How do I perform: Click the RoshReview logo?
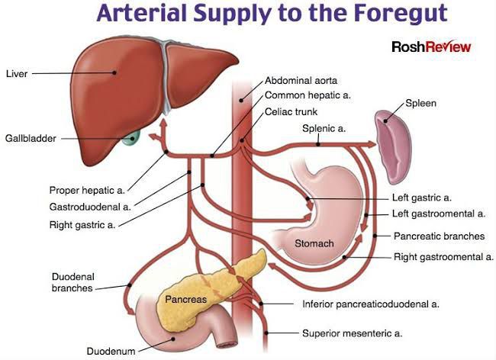pyautogui.click(x=431, y=47)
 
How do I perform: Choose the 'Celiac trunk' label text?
pyautogui.click(x=291, y=111)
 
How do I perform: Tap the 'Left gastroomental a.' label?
pyautogui.click(x=438, y=214)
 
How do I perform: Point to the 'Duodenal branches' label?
pyautogui.click(x=72, y=282)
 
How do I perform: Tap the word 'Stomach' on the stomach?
pyautogui.click(x=314, y=243)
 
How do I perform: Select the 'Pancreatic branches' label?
pyautogui.click(x=438, y=236)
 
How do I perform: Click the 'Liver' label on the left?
pyautogui.click(x=17, y=74)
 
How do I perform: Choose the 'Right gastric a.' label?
pyautogui.click(x=82, y=223)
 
